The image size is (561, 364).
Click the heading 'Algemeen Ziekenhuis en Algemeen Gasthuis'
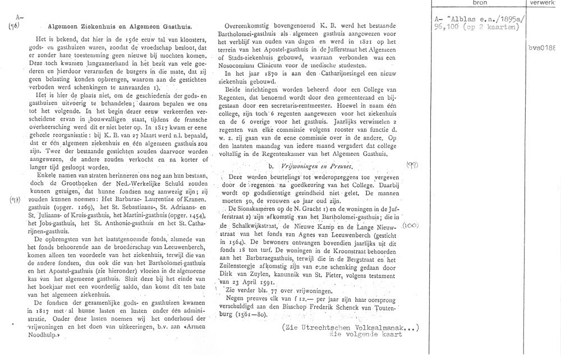pyautogui.click(x=119, y=26)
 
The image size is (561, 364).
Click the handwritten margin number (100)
pyautogui.click(x=412, y=225)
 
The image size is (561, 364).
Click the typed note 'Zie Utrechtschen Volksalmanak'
pyautogui.click(x=351, y=328)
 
